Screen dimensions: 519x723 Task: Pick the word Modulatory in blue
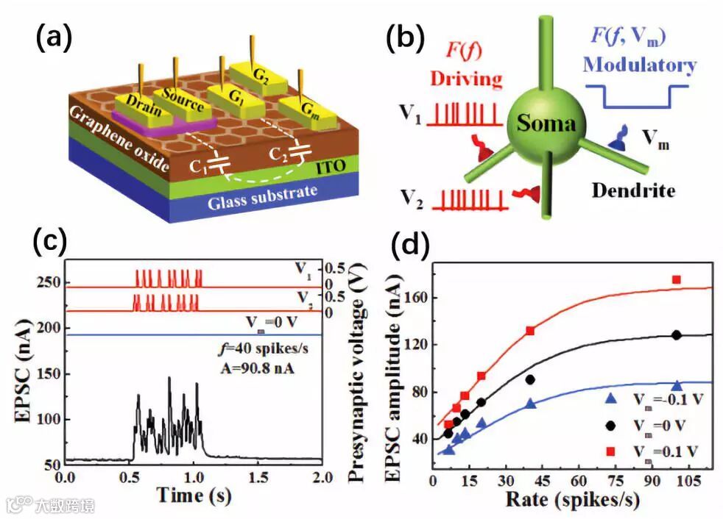click(639, 64)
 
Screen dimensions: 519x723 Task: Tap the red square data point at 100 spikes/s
click(676, 280)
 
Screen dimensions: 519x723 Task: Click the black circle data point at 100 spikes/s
click(676, 334)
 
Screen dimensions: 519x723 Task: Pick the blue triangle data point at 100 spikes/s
click(677, 386)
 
